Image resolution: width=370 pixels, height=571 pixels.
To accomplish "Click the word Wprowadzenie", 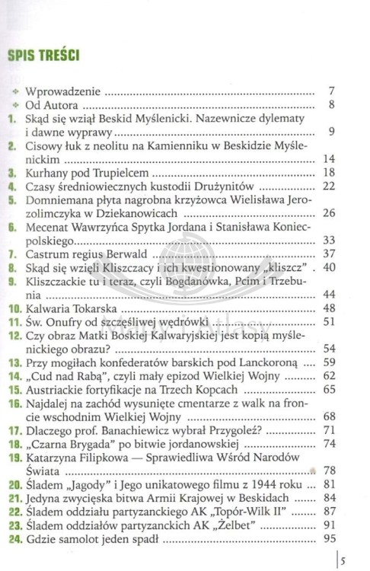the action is point(63,92).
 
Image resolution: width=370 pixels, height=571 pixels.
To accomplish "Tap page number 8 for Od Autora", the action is point(331,105).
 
